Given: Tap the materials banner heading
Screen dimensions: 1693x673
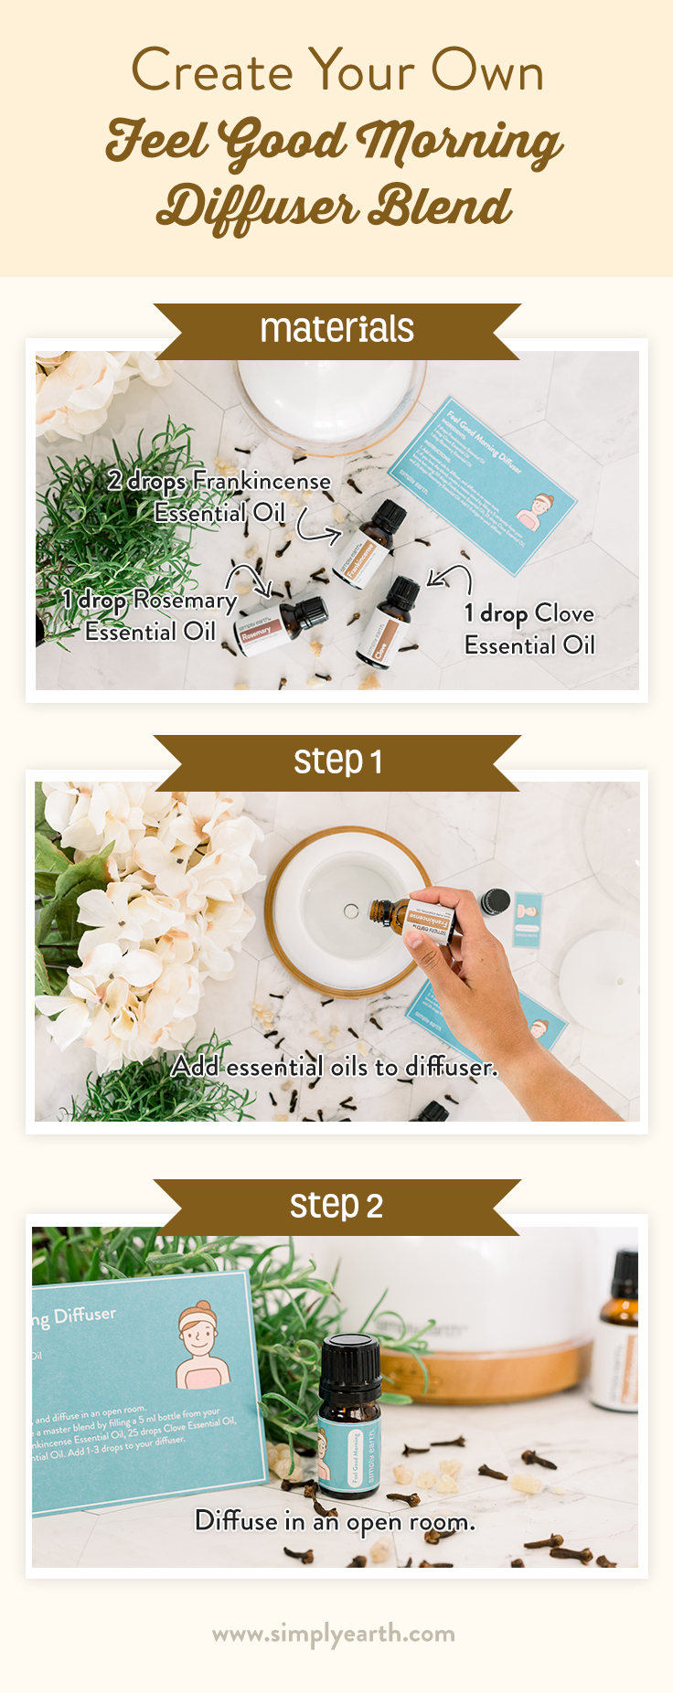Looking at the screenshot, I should click(336, 329).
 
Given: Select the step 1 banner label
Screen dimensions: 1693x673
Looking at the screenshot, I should click(336, 761).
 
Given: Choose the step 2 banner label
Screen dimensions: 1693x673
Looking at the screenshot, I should click(336, 1205).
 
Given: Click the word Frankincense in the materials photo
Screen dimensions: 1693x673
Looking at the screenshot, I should click(262, 481).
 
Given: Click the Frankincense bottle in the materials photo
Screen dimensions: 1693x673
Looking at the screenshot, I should click(369, 545).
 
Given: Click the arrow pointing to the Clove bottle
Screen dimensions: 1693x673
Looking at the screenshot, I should click(450, 577).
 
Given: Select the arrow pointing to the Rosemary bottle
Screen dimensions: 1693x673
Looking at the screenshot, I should click(250, 578).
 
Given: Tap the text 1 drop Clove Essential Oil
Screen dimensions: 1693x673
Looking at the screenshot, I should click(529, 629).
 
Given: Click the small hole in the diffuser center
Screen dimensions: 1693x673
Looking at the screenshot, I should click(350, 910).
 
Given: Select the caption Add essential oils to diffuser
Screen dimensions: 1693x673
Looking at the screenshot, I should click(335, 1066).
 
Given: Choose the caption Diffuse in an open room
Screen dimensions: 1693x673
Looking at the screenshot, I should click(335, 1521).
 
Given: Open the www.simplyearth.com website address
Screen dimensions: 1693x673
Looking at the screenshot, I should click(334, 1634).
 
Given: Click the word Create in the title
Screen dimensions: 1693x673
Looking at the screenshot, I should click(211, 71).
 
